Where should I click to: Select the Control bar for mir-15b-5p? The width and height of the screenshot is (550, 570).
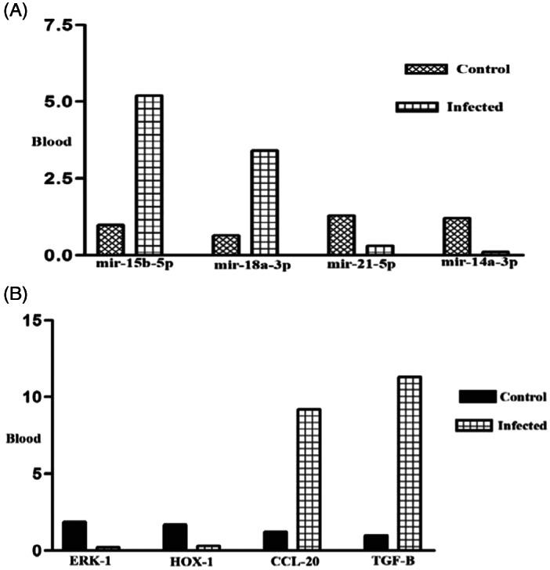(110, 240)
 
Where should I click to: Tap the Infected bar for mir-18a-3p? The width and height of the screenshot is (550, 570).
(264, 202)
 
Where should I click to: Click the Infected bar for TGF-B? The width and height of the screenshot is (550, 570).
(408, 463)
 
